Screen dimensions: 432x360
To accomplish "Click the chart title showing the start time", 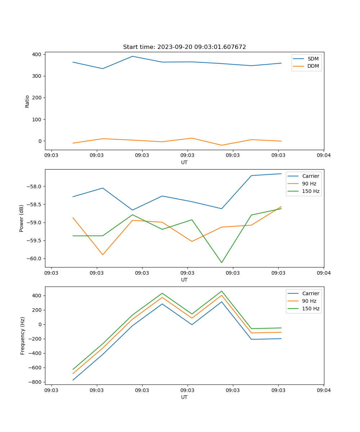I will point(184,47).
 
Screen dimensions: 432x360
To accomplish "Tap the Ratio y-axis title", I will point(27,101).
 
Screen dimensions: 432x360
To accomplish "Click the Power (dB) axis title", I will point(22,218).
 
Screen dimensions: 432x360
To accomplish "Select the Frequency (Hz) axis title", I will point(23,336).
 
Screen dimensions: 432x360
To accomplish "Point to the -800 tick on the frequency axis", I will point(35,382).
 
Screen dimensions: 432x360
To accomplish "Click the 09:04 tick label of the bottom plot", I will point(323,390).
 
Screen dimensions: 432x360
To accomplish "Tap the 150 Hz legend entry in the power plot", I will point(311,191).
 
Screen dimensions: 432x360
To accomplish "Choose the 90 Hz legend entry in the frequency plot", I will point(309,301).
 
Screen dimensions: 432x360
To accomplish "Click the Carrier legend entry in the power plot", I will point(310,176).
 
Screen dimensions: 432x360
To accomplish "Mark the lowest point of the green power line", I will point(221,262).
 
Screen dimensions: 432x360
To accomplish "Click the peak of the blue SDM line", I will point(132,56).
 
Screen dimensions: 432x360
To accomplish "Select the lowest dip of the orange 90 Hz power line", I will point(103,255).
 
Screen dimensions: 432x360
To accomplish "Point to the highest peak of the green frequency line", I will point(221,291).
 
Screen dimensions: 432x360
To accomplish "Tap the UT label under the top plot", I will point(184,162).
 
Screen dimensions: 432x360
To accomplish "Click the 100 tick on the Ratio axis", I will point(37,119).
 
